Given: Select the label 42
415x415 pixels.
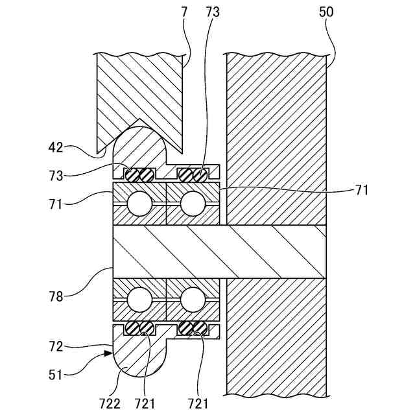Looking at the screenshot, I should point(56,147).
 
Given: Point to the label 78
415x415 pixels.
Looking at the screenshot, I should point(56,296).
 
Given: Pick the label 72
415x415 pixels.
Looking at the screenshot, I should point(56,347).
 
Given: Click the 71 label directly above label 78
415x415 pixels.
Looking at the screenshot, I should point(56,203).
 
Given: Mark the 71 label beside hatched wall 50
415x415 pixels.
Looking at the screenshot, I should point(361,190).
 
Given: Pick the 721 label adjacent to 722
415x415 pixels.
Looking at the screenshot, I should point(145,403).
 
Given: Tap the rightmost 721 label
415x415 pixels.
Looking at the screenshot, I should point(198,403).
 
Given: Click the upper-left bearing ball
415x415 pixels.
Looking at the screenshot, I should point(139,204).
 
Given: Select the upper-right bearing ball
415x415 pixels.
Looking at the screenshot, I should point(193,204).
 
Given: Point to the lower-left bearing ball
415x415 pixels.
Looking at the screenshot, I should point(139,300).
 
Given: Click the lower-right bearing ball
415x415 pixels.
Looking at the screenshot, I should point(193,300).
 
